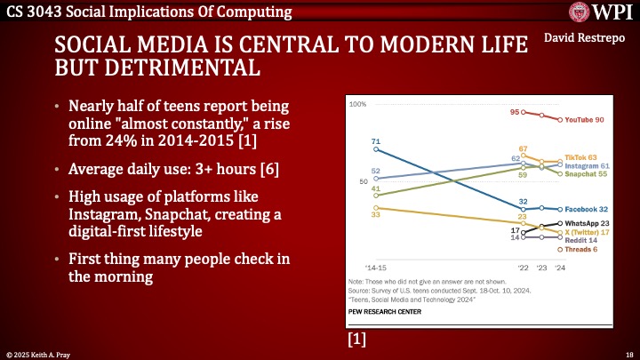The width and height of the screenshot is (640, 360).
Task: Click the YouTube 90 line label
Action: tap(587, 120)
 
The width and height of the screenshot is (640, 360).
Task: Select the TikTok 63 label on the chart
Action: tap(580, 156)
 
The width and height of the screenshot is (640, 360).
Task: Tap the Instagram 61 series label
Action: tap(586, 165)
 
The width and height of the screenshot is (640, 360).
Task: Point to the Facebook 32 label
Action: tap(585, 209)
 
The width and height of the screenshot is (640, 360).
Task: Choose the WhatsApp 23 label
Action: tap(586, 223)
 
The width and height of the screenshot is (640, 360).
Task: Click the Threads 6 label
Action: tap(582, 250)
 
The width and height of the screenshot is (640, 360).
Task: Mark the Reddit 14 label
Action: tap(581, 240)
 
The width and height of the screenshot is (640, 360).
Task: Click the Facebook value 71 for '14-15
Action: tap(376, 142)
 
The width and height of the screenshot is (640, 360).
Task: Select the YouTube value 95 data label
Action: tap(515, 112)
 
